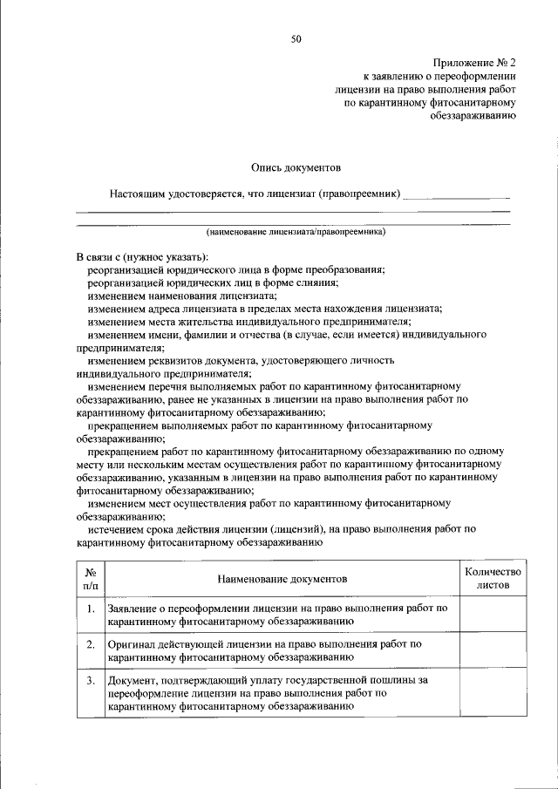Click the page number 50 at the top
point(296,39)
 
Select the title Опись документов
point(296,167)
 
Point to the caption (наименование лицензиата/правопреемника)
point(296,234)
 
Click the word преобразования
point(346,271)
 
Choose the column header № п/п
point(90,579)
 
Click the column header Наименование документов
point(282,579)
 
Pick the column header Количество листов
point(493,579)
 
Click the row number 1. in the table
point(90,608)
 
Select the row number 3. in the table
point(90,680)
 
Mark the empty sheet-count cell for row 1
point(493,615)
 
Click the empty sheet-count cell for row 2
point(493,651)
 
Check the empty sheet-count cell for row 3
point(493,694)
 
